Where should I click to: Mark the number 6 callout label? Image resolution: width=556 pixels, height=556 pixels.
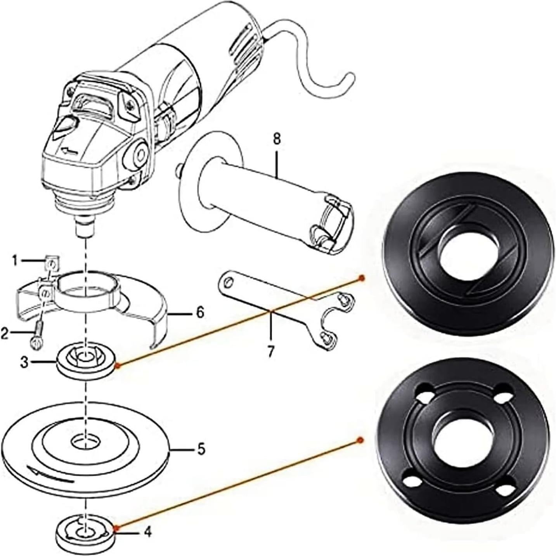click(199, 313)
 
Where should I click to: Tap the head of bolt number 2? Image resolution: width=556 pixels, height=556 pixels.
click(34, 343)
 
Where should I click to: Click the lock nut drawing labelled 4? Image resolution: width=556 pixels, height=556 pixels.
click(85, 532)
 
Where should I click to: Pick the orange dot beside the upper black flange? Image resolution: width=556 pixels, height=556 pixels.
click(362, 277)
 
